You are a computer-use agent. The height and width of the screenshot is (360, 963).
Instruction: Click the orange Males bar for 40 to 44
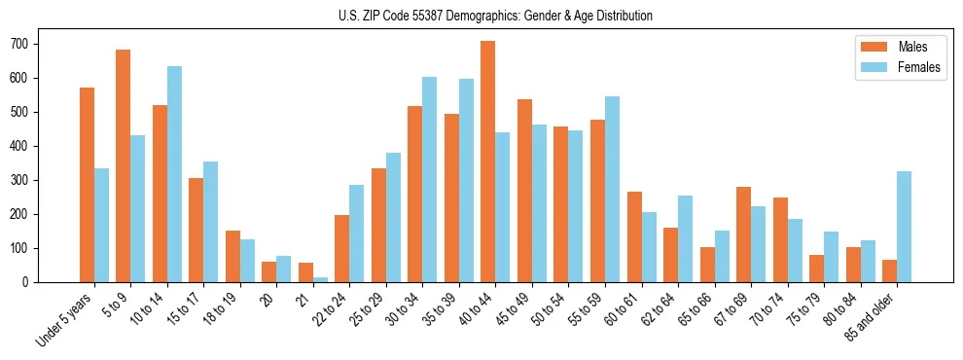point(488,162)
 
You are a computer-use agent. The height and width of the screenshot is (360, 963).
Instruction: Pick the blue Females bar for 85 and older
point(904,227)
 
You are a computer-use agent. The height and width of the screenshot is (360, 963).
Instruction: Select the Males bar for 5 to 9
point(124,165)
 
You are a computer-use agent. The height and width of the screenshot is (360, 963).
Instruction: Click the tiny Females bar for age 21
point(320,279)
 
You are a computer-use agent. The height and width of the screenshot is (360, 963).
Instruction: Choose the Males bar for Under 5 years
point(87,185)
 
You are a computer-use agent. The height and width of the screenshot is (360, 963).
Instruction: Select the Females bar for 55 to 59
point(612,189)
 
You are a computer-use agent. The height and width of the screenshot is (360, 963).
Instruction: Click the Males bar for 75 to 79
point(816,269)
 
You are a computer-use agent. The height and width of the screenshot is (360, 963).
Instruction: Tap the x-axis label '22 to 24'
point(329,309)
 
